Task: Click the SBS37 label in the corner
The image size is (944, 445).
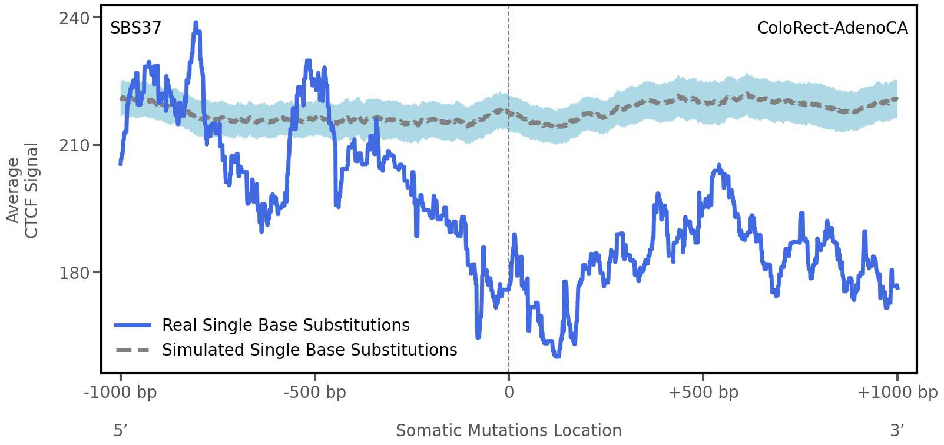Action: click(135, 28)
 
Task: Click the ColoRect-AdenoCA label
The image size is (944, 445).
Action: click(832, 28)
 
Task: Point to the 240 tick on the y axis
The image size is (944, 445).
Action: click(75, 18)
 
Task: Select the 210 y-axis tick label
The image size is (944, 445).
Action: click(75, 145)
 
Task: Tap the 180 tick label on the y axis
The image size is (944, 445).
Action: click(75, 273)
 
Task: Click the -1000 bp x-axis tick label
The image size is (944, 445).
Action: click(121, 392)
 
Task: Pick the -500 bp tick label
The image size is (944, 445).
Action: click(314, 392)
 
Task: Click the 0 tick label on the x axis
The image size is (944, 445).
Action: click(509, 392)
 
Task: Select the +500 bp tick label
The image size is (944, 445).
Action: click(703, 392)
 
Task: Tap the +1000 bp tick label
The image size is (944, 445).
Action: click(897, 392)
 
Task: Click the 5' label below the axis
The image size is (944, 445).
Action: click(120, 430)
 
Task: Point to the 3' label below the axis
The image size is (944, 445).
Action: click(897, 430)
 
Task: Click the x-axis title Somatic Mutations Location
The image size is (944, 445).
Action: click(508, 430)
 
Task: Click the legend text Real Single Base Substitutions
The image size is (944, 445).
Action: click(286, 325)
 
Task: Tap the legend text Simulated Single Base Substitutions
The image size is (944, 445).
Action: click(309, 350)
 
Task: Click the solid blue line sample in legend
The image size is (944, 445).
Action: click(133, 325)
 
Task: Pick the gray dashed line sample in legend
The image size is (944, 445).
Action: click(133, 350)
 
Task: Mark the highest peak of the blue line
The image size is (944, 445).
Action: click(196, 24)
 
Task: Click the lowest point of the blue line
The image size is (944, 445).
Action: click(557, 356)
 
